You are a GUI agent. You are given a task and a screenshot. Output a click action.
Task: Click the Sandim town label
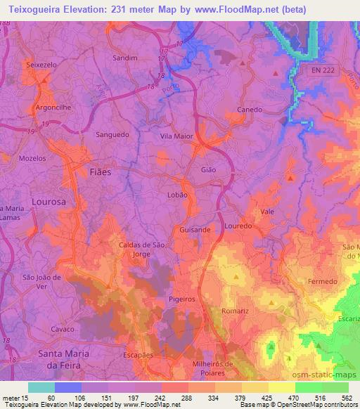(x=124, y=58)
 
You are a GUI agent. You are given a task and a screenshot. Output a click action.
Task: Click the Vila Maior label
(x=176, y=136)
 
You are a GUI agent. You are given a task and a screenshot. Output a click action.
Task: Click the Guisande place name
(x=195, y=230)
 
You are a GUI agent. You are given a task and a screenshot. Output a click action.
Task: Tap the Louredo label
(x=238, y=226)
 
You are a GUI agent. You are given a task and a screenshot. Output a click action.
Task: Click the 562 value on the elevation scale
(x=347, y=397)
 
